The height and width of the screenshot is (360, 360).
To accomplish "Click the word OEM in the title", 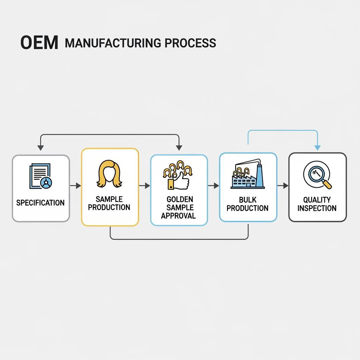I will [39, 43].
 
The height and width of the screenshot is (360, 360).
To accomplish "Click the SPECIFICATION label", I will [40, 203].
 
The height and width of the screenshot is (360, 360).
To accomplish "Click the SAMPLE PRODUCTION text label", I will [109, 203].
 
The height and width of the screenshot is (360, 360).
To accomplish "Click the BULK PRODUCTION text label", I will [247, 204].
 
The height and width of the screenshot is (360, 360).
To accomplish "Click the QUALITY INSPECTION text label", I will [317, 204].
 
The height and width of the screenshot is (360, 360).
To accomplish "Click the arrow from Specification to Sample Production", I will [76, 186].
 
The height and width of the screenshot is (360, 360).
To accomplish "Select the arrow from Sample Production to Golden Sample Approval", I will [144, 186].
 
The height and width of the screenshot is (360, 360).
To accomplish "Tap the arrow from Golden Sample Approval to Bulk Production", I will [213, 186].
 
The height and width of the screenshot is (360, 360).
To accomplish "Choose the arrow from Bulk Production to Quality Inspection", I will [283, 186].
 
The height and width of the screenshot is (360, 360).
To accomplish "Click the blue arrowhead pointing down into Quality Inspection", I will [317, 148].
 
